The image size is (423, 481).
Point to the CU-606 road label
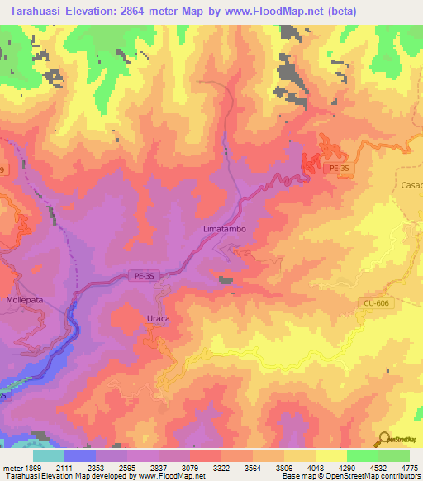click(375, 303)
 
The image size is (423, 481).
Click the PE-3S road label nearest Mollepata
click(141, 279)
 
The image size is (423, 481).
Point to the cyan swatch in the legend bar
click(49, 455)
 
